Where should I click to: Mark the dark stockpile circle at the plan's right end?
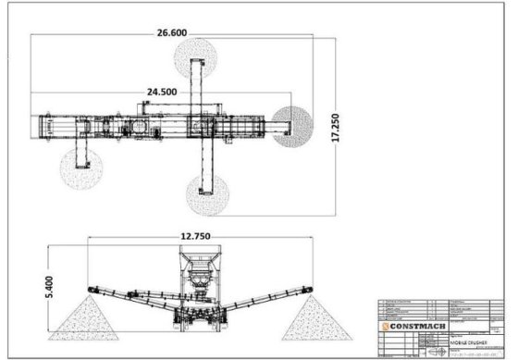tap(293, 125)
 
